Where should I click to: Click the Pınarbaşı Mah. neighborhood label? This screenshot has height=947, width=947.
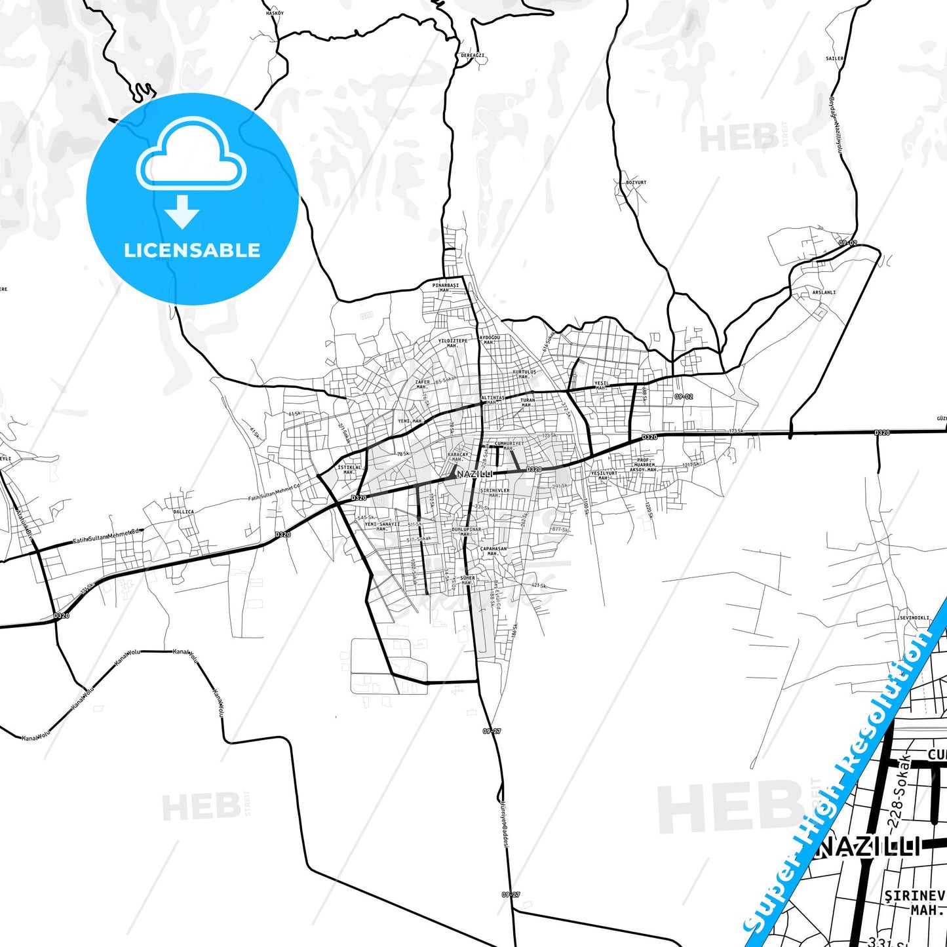(445, 288)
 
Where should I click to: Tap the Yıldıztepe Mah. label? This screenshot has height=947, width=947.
(453, 343)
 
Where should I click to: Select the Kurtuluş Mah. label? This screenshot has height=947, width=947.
(524, 374)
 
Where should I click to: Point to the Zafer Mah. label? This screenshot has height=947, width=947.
(423, 384)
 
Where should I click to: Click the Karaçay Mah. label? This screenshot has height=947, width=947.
(458, 456)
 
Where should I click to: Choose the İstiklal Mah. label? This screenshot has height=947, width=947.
(349, 469)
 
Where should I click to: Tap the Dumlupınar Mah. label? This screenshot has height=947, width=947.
(466, 531)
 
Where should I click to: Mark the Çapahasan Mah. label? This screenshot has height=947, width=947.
(493, 551)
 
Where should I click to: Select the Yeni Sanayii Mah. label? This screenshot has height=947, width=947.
(381, 526)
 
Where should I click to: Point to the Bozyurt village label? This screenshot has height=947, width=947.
(636, 182)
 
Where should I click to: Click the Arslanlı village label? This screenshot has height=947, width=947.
(824, 292)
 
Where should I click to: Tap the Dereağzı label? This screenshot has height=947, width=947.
(473, 56)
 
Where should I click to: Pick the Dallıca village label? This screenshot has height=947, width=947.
(183, 512)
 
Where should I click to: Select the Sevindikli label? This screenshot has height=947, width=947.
(914, 617)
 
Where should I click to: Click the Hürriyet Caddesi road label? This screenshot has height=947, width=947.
(505, 823)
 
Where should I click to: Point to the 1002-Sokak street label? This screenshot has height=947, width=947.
(414, 573)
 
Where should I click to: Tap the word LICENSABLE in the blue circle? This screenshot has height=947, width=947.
(192, 250)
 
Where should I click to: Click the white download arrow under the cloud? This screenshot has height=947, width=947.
(182, 212)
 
